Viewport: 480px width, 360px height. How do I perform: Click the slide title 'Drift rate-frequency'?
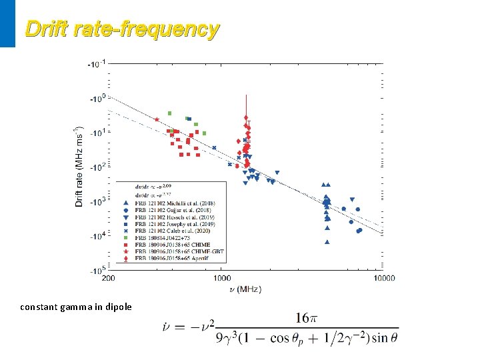click(121, 29)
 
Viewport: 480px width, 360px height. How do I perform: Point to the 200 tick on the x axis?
click(109, 279)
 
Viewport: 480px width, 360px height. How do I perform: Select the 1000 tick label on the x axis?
click(222, 279)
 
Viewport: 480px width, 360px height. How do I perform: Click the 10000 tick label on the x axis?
click(383, 279)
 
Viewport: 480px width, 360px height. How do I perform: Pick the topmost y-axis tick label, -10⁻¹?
click(96, 64)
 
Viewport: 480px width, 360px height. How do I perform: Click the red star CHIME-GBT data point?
click(157, 119)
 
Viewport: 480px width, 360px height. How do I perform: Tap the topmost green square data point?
click(170, 113)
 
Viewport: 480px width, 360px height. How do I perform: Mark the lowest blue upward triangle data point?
click(327, 242)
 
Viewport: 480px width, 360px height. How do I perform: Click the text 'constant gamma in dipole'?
click(75, 307)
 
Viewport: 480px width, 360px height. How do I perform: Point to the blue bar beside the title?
click(7, 23)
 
